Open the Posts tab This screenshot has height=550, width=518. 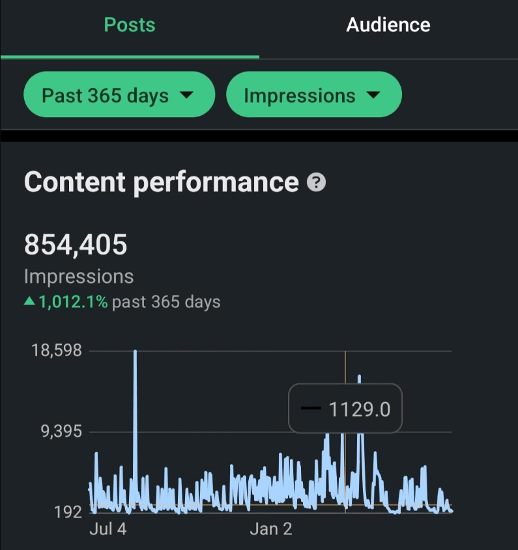[x=130, y=25]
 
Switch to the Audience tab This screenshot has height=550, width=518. [x=388, y=25]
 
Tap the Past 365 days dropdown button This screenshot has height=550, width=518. [x=119, y=95]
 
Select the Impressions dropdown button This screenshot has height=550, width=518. [x=313, y=95]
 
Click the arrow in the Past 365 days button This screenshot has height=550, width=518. [x=186, y=95]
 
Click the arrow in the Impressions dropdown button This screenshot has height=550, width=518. [x=373, y=95]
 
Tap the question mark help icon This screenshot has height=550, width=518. [x=315, y=183]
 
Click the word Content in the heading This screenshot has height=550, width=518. [x=75, y=182]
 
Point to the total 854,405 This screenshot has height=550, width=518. [x=76, y=245]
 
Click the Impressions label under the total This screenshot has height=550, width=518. [x=78, y=276]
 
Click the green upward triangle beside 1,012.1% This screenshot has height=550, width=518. [x=29, y=302]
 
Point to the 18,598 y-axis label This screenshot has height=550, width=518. [x=57, y=351]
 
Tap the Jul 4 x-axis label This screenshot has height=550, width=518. [x=108, y=529]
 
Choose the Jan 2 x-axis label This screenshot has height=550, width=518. [x=271, y=529]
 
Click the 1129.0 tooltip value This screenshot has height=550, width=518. [x=359, y=409]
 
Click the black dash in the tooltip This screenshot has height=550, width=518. [x=311, y=409]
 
